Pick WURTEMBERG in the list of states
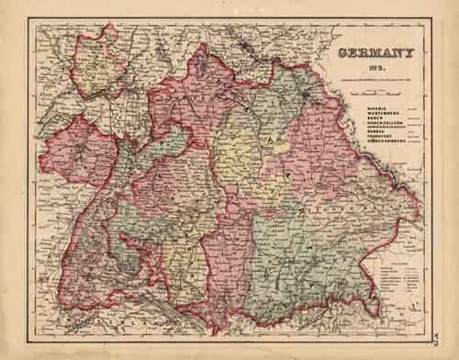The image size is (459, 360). pyautogui.click(x=358, y=115)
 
